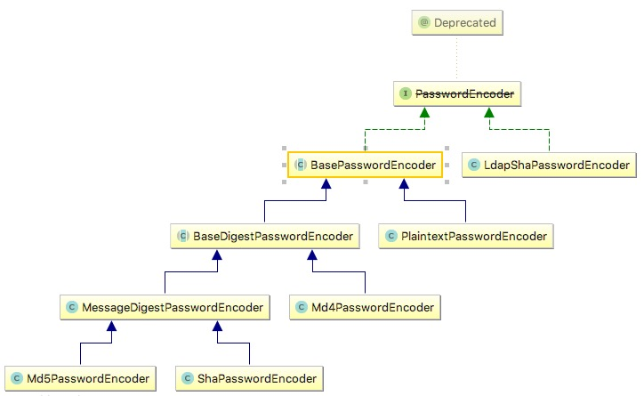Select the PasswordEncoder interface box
pyautogui.click(x=455, y=93)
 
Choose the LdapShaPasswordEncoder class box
pyautogui.click(x=549, y=165)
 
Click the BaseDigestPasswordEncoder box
pyautogui.click(x=264, y=236)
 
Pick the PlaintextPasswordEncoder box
pyautogui.click(x=465, y=236)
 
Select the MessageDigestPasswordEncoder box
pyautogui.click(x=165, y=308)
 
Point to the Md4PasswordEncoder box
pyautogui.click(x=366, y=308)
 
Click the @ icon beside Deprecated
pyautogui.click(x=424, y=22)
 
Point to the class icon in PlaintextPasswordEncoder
pyautogui.click(x=392, y=236)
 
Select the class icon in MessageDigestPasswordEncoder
pyautogui.click(x=73, y=308)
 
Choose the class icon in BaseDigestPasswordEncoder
pyautogui.click(x=183, y=236)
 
